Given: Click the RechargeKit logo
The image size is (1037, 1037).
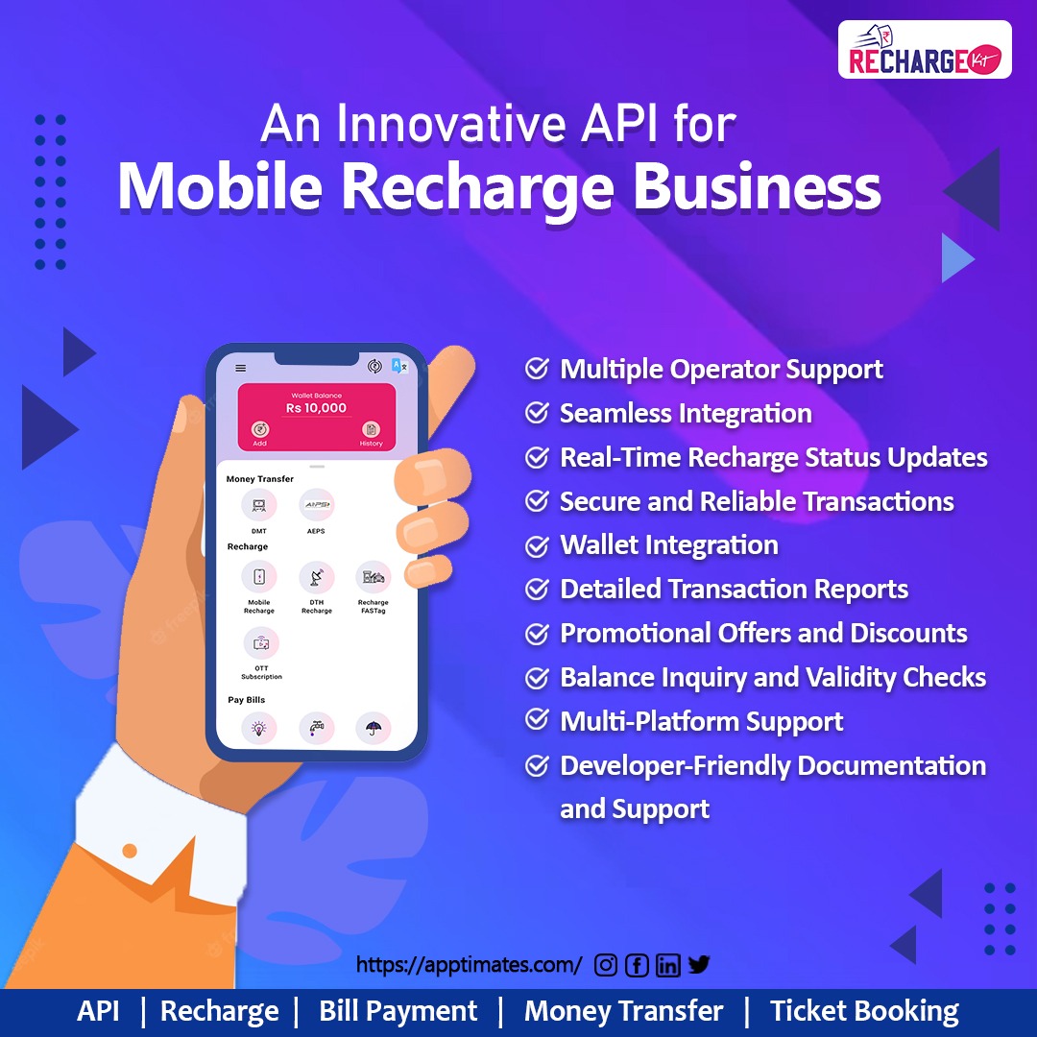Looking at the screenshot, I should (924, 50).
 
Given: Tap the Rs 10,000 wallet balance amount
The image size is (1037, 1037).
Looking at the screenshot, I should (316, 408).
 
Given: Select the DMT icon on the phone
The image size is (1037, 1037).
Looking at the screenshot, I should (258, 505).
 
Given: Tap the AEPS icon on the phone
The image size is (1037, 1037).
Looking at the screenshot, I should (316, 505).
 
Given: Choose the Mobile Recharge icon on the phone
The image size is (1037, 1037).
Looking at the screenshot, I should (258, 578).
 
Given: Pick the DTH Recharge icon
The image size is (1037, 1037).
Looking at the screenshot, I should (316, 578).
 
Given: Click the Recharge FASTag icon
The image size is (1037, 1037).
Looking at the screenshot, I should (373, 578).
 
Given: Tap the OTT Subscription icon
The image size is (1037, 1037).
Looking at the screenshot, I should (260, 644).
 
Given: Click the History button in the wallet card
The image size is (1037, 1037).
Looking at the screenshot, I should (371, 431).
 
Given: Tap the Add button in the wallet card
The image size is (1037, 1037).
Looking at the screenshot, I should (259, 431).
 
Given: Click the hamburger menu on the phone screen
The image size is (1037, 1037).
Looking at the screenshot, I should (240, 368).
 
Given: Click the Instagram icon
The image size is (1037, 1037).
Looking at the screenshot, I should (606, 965).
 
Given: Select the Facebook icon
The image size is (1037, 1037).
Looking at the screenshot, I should (637, 965).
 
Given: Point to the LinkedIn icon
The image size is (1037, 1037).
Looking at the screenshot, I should (668, 965).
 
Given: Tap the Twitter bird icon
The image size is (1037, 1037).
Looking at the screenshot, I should (699, 964).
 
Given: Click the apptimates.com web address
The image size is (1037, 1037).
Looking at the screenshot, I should (469, 965).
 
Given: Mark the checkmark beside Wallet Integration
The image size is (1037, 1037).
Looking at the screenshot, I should (537, 545).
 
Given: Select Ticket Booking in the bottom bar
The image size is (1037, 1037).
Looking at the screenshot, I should (864, 1011).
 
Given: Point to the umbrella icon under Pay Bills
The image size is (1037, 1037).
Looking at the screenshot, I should (373, 729).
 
